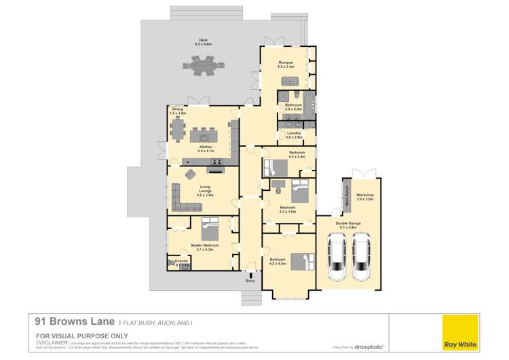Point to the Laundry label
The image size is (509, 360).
point(295,135)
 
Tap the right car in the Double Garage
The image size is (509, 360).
point(361,257)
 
